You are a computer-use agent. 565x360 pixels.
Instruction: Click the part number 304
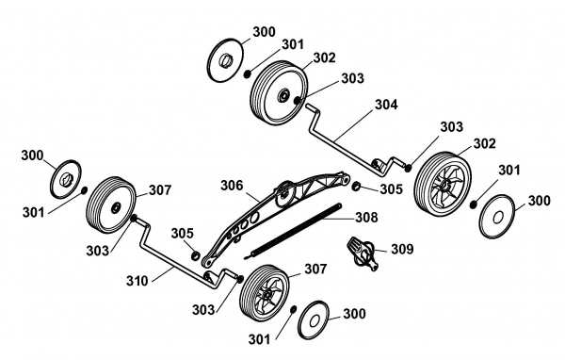[386, 105]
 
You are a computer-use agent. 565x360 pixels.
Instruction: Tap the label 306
[232, 186]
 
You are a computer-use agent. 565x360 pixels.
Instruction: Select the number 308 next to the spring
[366, 217]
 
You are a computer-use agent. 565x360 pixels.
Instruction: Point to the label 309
[402, 249]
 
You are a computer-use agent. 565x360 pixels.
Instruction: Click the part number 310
[137, 281]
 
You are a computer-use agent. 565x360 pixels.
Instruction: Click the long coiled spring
[293, 231]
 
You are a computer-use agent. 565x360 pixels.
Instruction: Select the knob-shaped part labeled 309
[362, 254]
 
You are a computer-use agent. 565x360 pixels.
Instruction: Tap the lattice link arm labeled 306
[275, 219]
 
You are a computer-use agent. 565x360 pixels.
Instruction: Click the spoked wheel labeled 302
[443, 185]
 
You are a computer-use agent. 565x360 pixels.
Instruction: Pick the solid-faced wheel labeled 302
[279, 93]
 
